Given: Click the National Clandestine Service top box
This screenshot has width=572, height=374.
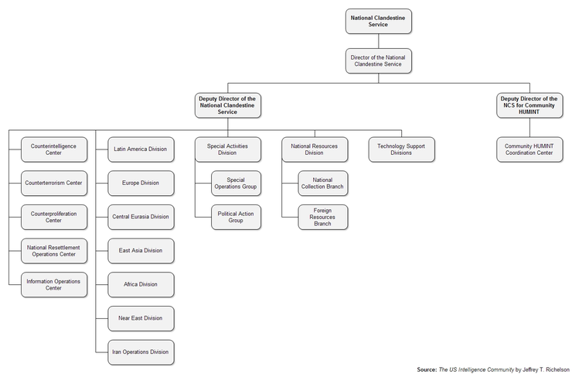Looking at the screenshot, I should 379,21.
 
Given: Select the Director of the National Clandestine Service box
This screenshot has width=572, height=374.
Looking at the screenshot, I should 379,60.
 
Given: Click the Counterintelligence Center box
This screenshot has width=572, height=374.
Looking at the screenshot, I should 54,149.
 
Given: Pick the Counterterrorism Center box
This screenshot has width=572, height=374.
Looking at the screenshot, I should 54,184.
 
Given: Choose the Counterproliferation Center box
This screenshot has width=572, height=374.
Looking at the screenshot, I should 54,217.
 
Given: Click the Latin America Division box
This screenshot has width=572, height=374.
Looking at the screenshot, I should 141,149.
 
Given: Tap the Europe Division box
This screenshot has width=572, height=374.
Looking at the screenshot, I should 141,184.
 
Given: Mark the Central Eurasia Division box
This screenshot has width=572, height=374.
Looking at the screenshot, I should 141,217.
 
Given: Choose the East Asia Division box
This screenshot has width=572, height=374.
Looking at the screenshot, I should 141,251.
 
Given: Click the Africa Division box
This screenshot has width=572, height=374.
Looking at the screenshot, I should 141,285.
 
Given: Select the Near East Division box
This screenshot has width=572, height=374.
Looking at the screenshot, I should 141,318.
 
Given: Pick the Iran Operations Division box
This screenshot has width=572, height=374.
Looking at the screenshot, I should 141,352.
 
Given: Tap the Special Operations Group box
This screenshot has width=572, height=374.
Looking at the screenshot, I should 236,184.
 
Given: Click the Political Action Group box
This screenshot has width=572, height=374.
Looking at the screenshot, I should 236,217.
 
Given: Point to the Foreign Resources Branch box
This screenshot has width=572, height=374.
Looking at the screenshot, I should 322,217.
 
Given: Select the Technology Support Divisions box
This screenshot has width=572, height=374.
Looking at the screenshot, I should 401,149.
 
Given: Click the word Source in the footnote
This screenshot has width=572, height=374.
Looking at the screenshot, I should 427,369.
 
